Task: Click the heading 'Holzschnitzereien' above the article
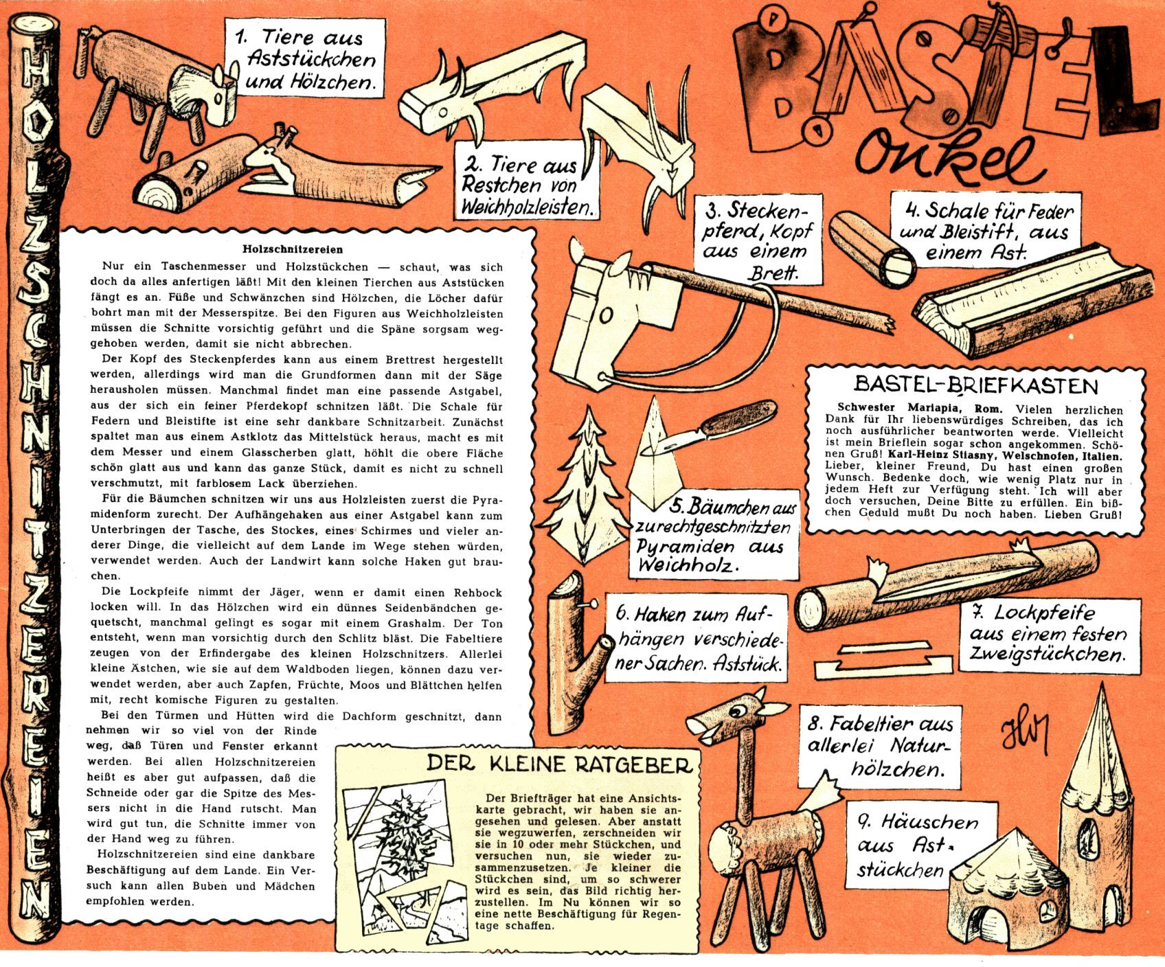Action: coord(293,250)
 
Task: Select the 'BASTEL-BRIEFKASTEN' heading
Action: coord(975,384)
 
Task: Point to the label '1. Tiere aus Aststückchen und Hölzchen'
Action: coord(303,59)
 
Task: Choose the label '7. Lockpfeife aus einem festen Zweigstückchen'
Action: coord(1047,633)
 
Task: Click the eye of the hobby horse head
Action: coord(607,315)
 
